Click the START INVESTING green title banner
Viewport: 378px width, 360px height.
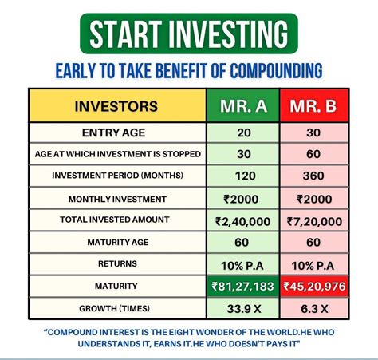click(x=189, y=34)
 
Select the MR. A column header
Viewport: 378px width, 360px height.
click(x=243, y=106)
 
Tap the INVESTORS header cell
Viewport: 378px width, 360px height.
click(x=116, y=106)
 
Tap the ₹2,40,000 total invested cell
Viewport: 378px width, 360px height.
click(x=243, y=220)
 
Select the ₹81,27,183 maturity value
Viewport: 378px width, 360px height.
click(x=243, y=285)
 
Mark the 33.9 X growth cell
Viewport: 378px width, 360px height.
click(x=243, y=307)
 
